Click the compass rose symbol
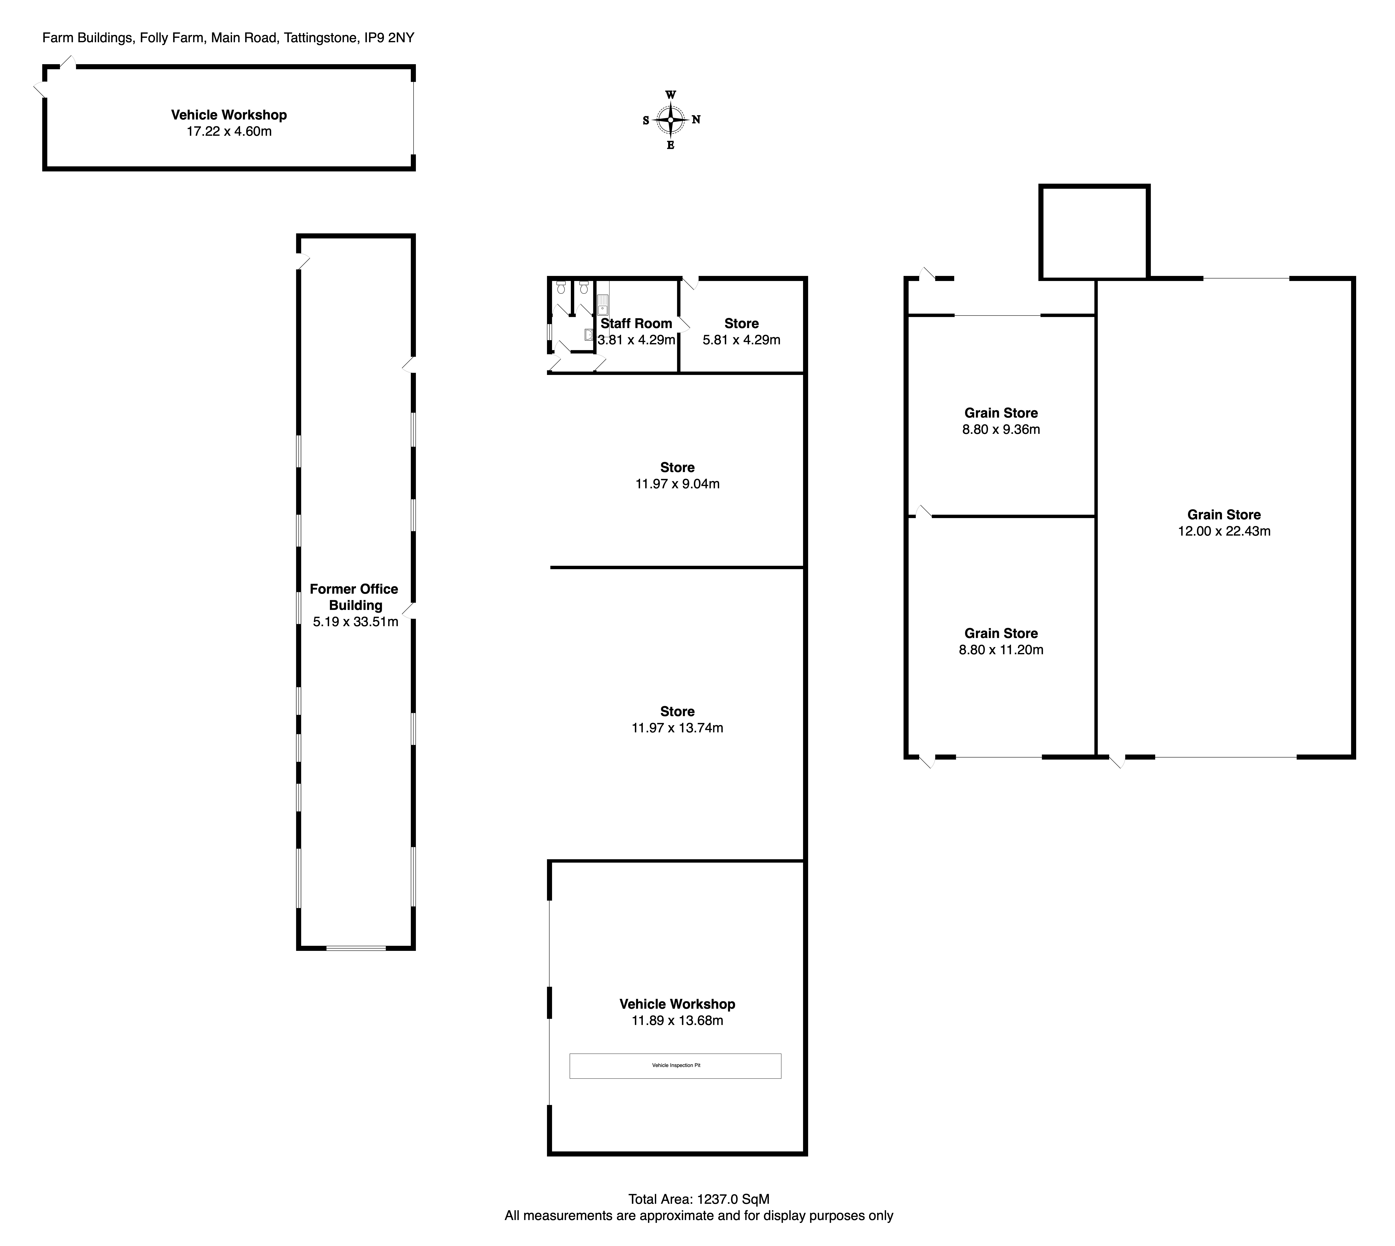tap(671, 120)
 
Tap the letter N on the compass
tap(696, 120)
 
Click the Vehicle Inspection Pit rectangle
tap(675, 1066)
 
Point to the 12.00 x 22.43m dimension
tap(1224, 531)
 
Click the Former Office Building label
tap(355, 597)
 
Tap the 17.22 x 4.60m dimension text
tap(229, 132)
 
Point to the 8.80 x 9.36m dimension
tap(1001, 430)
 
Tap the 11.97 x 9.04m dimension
tap(677, 484)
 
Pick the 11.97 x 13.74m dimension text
tap(677, 728)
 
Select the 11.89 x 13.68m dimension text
tap(677, 1021)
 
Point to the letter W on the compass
tap(671, 95)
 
